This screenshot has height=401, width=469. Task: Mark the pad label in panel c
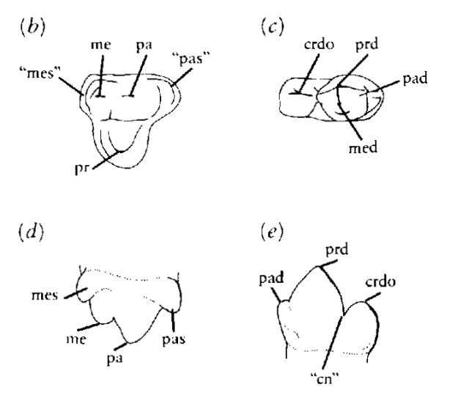point(414,78)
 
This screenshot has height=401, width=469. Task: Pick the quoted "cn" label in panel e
point(323,378)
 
